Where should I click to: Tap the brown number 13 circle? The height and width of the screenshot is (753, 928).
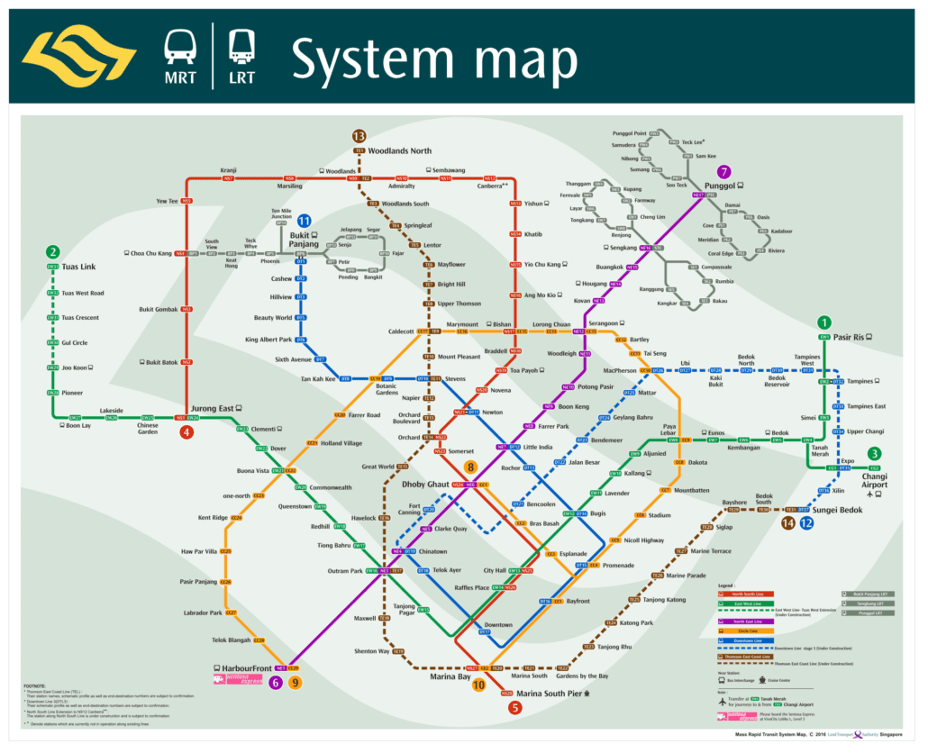[x=359, y=135]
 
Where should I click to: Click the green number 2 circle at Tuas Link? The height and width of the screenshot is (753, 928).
[x=53, y=253]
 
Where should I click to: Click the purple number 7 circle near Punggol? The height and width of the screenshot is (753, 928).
[x=723, y=171]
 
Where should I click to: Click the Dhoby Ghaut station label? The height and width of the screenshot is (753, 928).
[x=426, y=485]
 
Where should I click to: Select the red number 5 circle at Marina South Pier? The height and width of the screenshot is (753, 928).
[x=514, y=707]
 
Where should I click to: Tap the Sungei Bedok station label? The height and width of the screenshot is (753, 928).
[x=838, y=510]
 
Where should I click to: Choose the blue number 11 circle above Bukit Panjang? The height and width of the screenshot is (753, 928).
[x=305, y=221]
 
